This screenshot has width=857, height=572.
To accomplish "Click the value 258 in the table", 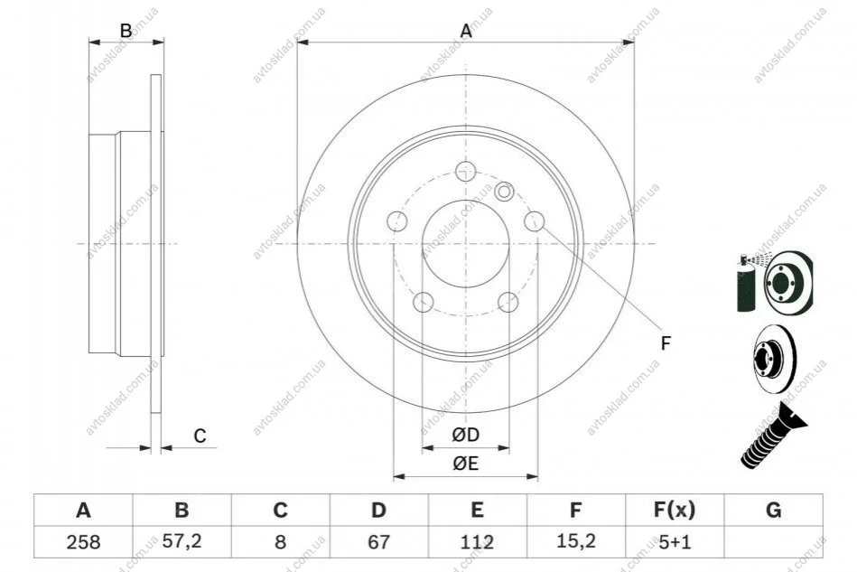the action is point(83,542).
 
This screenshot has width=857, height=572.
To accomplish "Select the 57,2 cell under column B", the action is point(182,541).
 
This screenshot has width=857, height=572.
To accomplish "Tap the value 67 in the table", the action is point(378,542).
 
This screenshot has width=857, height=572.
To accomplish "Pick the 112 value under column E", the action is point(477,542).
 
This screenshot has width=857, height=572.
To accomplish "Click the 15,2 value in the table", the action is point(575,541).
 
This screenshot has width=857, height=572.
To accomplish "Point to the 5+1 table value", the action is point(675,542).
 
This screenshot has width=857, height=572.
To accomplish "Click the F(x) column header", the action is point(675,510).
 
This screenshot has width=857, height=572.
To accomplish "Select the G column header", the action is point(773,510).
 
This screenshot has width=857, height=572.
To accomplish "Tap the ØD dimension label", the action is point(466,435).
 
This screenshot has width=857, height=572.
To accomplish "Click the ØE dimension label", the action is point(466,464).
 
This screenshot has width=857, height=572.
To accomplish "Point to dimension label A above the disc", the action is point(466,31).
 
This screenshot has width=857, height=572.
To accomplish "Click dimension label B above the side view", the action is point(126,31).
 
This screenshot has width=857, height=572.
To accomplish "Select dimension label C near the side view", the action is point(200,436).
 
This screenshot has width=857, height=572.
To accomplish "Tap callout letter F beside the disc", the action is point(666,343).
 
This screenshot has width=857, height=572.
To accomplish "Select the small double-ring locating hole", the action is point(504,191).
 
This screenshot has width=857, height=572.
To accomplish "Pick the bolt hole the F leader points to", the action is point(534,220).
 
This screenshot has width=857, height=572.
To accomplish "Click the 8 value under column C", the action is point(280,542).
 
